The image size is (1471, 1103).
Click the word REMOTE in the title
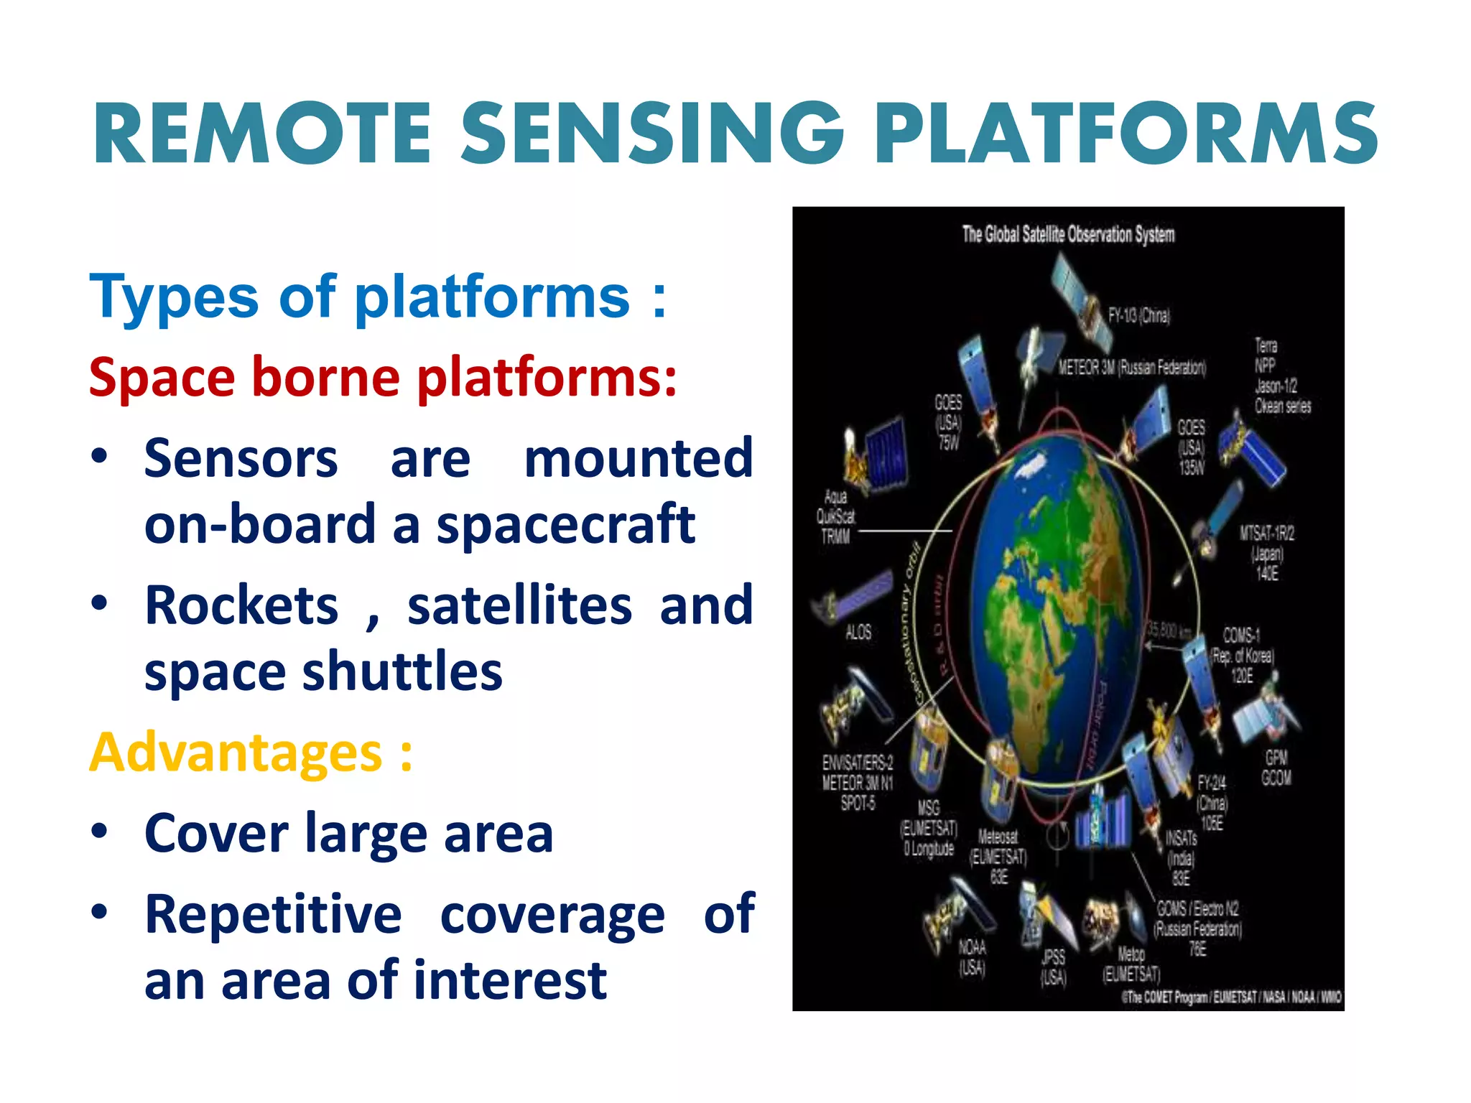[x=262, y=134]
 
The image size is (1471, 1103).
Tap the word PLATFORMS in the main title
[x=1126, y=134]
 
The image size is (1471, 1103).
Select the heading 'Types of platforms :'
[x=378, y=297]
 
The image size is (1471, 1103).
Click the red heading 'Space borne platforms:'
[x=383, y=378]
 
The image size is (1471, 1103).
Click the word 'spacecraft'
[x=565, y=525]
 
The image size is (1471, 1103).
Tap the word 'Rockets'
[x=241, y=606]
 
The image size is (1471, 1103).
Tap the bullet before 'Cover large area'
[x=99, y=832]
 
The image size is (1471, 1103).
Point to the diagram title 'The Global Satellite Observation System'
[x=1068, y=234]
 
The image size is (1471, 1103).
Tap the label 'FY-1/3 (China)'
[x=1139, y=315]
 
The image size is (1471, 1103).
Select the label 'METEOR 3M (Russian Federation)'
[x=1132, y=368]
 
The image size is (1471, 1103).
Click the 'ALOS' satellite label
[x=858, y=632]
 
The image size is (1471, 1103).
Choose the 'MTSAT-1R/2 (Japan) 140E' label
[x=1266, y=553]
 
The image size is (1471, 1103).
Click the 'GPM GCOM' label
[x=1276, y=768]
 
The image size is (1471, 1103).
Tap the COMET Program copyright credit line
[x=1231, y=997]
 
